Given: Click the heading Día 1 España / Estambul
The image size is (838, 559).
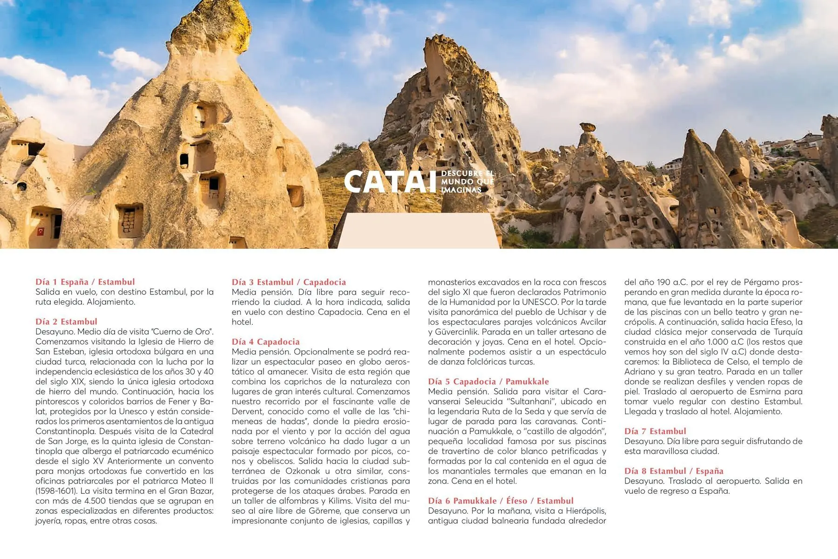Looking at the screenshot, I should click(x=85, y=282).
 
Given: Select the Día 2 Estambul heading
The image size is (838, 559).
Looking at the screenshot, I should click(x=67, y=321).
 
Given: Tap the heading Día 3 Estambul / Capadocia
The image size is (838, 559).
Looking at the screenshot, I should click(x=289, y=282).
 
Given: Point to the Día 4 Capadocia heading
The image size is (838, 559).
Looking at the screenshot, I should click(x=265, y=341).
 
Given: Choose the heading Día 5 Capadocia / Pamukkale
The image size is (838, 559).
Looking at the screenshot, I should click(x=488, y=382).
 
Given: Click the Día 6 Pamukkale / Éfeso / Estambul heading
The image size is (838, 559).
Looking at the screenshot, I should click(x=500, y=501).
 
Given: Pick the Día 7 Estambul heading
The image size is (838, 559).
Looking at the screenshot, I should click(x=655, y=431).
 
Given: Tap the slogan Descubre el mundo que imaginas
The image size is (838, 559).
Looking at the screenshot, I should click(x=467, y=182).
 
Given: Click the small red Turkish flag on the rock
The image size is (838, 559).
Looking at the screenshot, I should click(x=41, y=231).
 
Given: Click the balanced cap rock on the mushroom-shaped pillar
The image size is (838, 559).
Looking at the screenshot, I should click(x=588, y=127).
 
